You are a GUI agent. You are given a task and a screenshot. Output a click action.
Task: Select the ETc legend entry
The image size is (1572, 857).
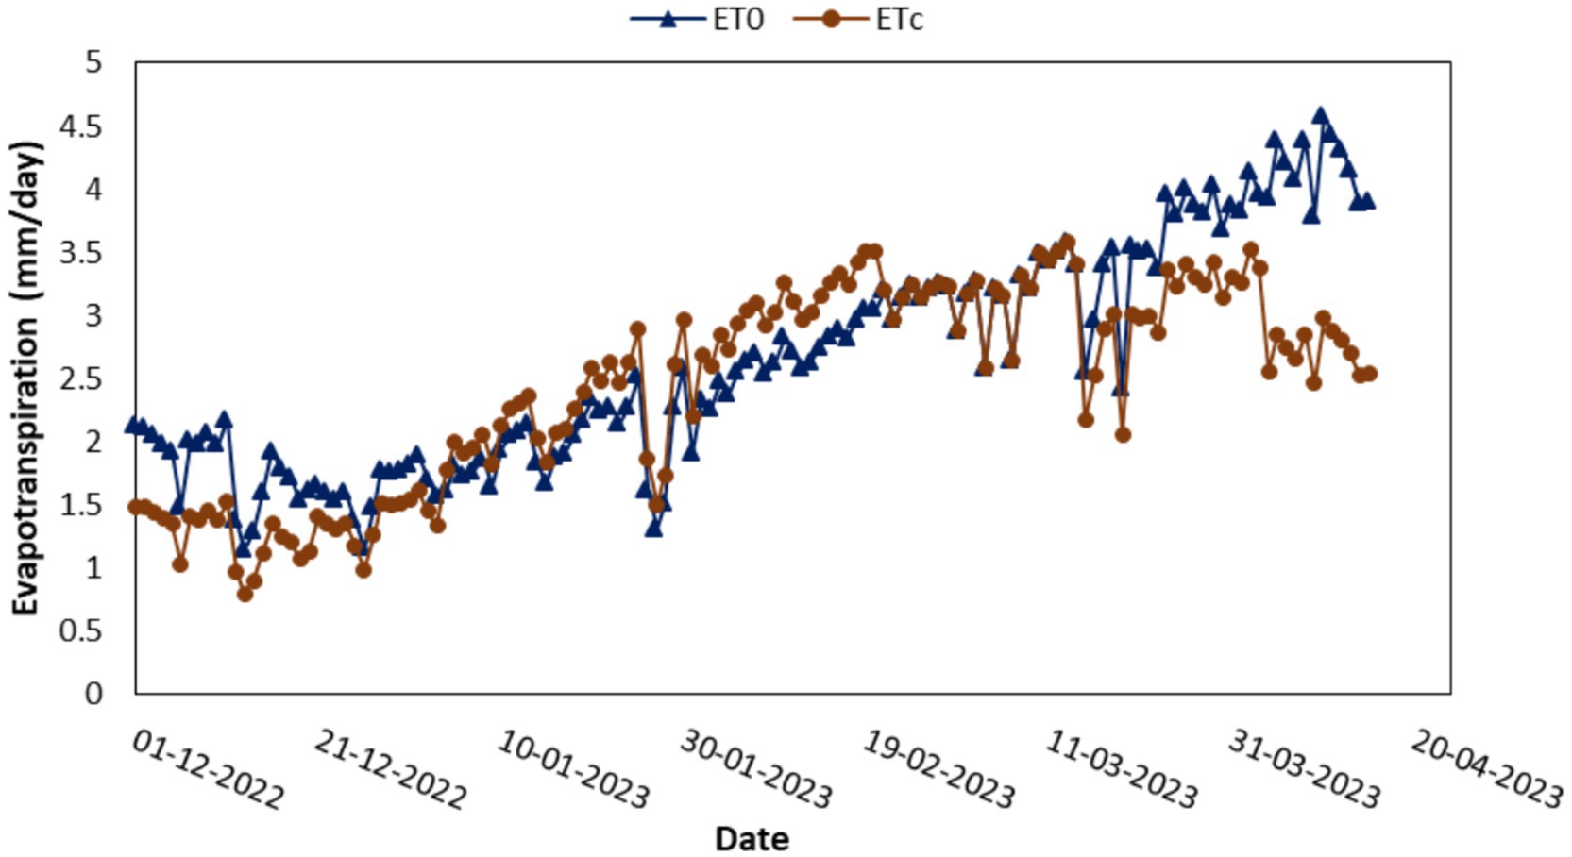point(860,20)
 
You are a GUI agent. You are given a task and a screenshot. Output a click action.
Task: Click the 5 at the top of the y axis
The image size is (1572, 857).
point(93,63)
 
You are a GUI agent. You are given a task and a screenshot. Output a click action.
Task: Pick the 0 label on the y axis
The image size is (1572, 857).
point(93,694)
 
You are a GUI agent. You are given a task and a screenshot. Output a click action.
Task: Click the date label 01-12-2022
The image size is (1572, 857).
point(208,770)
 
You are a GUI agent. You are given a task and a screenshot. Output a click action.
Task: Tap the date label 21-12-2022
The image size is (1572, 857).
point(390,770)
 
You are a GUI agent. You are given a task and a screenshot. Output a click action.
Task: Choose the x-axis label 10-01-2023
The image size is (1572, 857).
point(573,770)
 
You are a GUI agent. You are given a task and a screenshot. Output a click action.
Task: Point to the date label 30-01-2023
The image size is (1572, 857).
point(755,770)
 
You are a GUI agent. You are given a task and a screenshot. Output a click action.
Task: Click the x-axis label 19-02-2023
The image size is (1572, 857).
point(938,770)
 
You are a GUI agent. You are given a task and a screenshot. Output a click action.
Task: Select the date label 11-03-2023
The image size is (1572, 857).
point(1121,770)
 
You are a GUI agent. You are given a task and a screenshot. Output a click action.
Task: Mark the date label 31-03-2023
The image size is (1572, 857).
point(1304,770)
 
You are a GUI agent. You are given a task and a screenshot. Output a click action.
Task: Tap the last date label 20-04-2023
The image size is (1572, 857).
point(1486,770)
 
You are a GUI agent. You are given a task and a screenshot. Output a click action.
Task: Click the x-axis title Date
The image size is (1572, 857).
point(752,838)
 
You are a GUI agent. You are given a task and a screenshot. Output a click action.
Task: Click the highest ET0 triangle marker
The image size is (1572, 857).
point(1321,115)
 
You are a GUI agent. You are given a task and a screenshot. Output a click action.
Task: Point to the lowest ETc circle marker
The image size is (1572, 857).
point(245,594)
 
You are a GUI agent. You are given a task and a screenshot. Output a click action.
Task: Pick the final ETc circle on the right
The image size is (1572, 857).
point(1370,374)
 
